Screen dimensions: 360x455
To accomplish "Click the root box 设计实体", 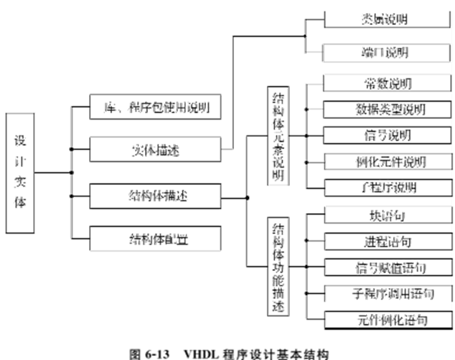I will point(20,172).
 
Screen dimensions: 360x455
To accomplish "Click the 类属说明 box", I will point(387,18).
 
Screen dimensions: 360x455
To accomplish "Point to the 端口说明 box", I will point(387,52).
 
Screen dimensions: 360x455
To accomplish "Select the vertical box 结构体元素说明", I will point(277,136).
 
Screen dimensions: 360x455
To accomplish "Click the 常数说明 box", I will point(387,83).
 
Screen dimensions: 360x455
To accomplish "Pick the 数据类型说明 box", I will point(387,109).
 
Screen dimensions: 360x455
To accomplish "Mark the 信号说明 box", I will point(387,135).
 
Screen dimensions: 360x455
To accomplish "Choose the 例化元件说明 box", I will point(387,161).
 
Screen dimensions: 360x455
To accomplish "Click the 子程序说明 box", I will point(387,188).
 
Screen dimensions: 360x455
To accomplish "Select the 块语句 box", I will point(387,215).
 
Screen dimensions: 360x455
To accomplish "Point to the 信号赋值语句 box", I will point(387,267).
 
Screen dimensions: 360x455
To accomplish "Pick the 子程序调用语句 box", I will point(387,293).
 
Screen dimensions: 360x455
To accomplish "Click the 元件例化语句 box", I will point(387,318).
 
